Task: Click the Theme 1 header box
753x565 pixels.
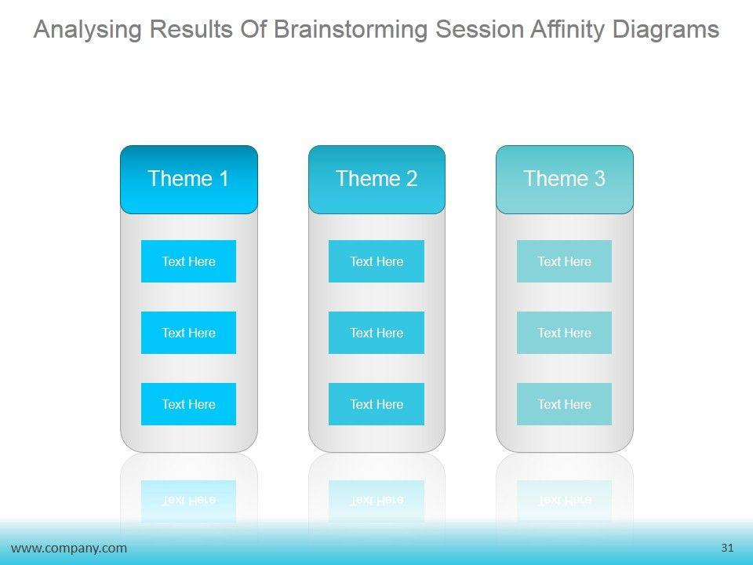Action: [189, 179]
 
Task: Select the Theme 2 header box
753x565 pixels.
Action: [376, 179]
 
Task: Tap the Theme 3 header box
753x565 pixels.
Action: [564, 179]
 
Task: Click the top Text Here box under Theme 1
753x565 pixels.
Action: [188, 261]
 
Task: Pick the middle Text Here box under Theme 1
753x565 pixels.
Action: [188, 333]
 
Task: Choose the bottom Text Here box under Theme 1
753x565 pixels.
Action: [188, 404]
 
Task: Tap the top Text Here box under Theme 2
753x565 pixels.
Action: [376, 261]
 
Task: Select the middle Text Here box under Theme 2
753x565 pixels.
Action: [376, 333]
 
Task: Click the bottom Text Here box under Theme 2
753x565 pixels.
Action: [376, 404]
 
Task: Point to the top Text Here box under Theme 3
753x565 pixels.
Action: [564, 261]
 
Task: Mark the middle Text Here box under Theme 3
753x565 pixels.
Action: [564, 333]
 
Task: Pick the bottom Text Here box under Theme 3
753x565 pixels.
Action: [564, 404]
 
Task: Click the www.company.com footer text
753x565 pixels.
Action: [69, 549]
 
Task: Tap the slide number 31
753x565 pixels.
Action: [727, 548]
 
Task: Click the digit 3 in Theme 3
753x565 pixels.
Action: [600, 179]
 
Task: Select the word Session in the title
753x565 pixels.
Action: [478, 30]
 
